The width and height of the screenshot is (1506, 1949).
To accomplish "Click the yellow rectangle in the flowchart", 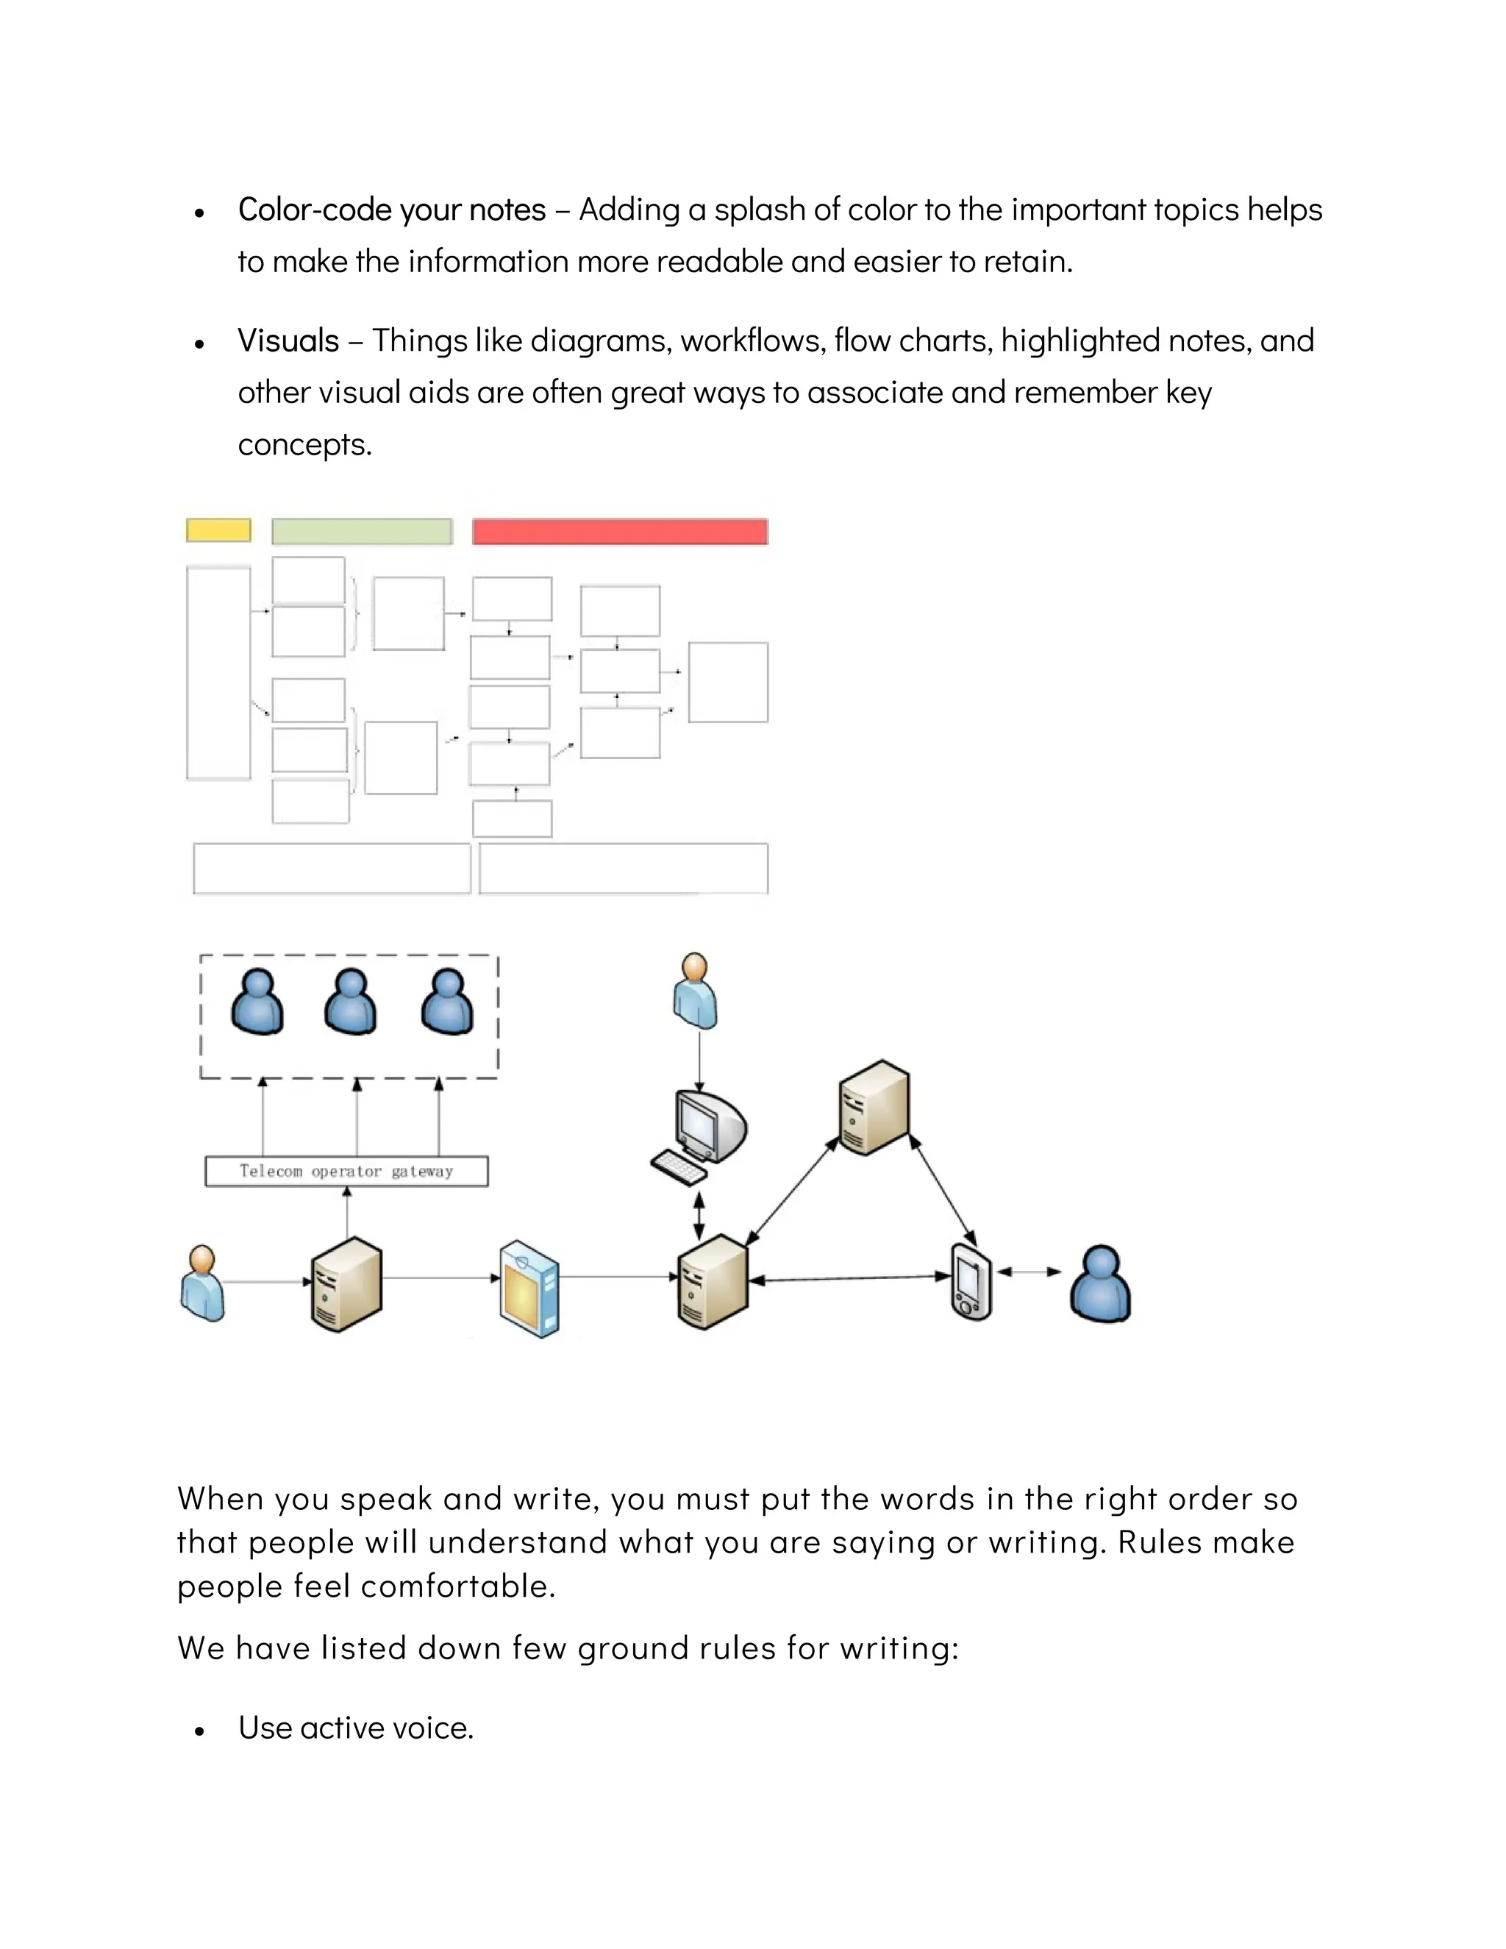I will [x=218, y=530].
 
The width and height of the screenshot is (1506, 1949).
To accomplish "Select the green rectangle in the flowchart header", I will [x=361, y=531].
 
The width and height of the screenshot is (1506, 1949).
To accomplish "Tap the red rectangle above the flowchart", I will [x=620, y=532].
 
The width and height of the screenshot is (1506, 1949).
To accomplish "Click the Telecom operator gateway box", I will [x=346, y=1171].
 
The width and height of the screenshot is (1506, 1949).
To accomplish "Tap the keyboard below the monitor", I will [x=678, y=1166].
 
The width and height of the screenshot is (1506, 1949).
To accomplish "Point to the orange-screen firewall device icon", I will [x=530, y=1288].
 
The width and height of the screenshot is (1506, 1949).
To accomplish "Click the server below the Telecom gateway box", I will [x=346, y=1284].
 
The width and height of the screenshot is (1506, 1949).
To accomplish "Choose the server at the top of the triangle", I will [x=874, y=1108].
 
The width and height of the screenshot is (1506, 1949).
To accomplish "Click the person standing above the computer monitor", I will [x=696, y=991].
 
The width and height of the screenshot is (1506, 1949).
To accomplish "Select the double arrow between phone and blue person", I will [x=1029, y=1272].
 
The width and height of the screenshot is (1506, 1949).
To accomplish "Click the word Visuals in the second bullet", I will [x=288, y=341].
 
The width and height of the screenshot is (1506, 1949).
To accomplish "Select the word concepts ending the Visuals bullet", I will [x=304, y=444].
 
